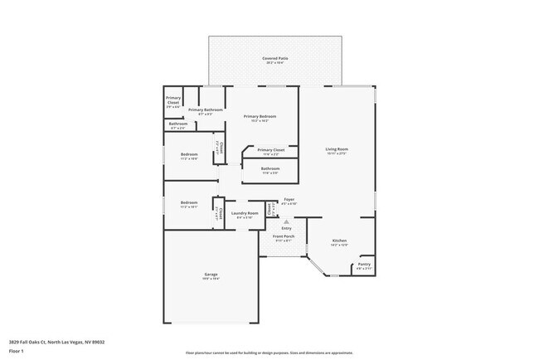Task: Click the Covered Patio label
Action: pyautogui.click(x=274, y=59)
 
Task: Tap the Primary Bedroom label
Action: pyautogui.click(x=260, y=116)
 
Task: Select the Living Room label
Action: pyautogui.click(x=336, y=149)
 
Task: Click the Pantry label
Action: pyautogui.click(x=363, y=265)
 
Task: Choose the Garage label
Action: pyautogui.click(x=211, y=275)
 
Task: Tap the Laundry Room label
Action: pyautogui.click(x=245, y=213)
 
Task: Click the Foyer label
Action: pyautogui.click(x=289, y=199)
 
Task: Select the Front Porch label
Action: pyautogui.click(x=284, y=236)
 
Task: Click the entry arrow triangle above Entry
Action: pyautogui.click(x=285, y=221)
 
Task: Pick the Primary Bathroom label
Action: pyautogui.click(x=205, y=110)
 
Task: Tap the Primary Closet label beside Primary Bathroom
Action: pyautogui.click(x=172, y=100)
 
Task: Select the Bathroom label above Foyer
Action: pyautogui.click(x=270, y=168)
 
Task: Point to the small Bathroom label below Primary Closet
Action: pyautogui.click(x=178, y=124)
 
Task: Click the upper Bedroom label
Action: pyautogui.click(x=189, y=154)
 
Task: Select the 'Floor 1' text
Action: pyautogui.click(x=17, y=350)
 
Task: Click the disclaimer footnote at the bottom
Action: pyautogui.click(x=269, y=353)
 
